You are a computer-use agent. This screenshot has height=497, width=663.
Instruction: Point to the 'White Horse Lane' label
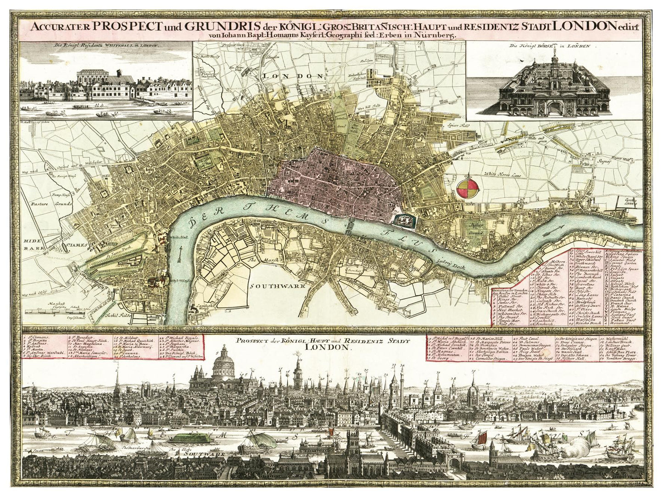point(507,174)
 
